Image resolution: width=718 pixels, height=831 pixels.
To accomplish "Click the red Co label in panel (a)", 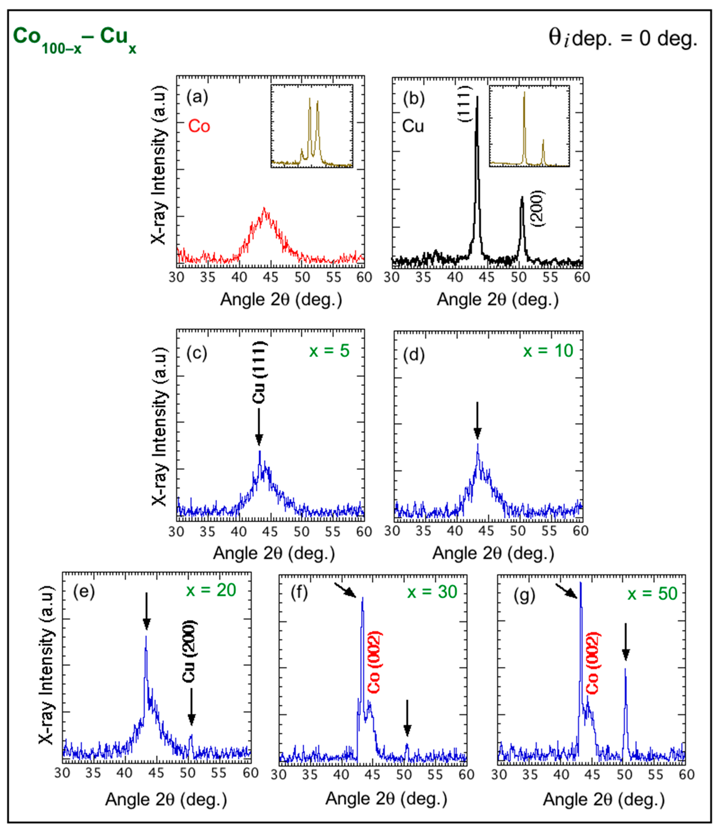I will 199,126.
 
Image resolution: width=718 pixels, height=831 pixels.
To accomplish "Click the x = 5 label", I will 329,351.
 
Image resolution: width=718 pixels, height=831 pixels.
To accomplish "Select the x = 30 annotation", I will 432,592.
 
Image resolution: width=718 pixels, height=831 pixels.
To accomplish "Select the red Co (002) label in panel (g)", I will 593,663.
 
